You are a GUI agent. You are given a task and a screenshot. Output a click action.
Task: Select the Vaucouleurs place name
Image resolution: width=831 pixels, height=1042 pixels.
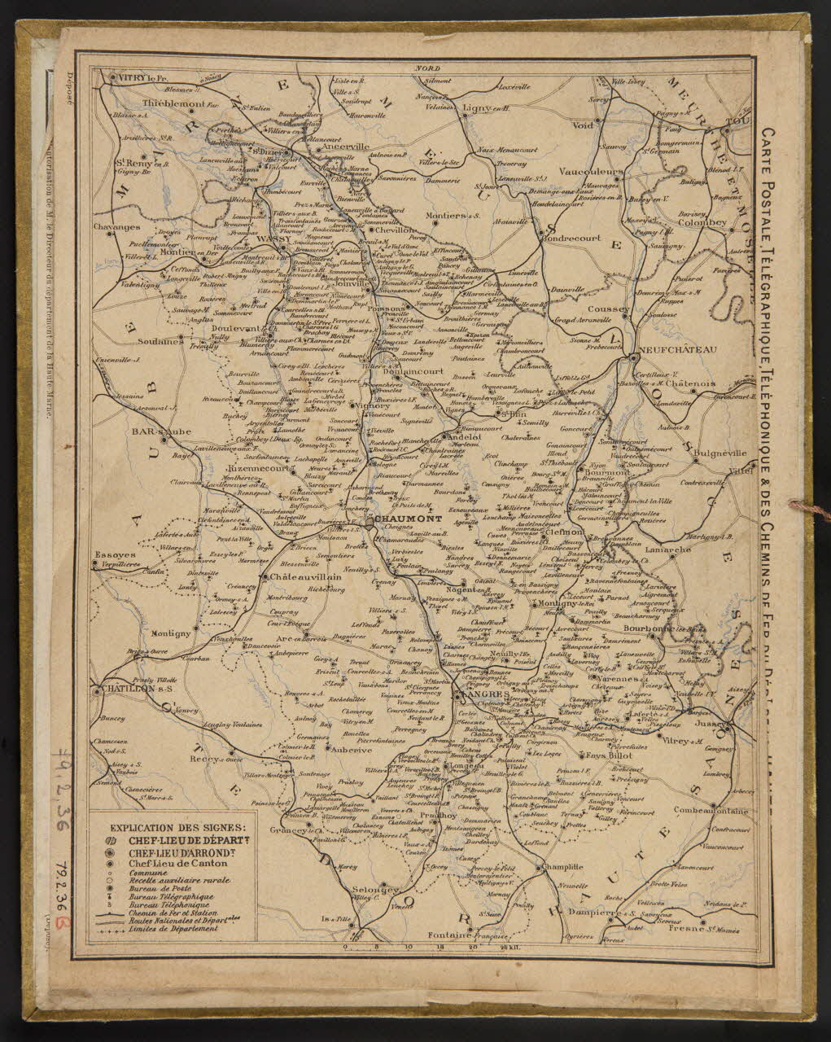click(593, 172)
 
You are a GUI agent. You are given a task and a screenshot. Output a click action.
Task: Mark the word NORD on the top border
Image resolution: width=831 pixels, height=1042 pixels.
click(422, 70)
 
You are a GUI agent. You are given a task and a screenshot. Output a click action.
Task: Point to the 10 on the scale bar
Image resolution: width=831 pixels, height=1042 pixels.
click(408, 947)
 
